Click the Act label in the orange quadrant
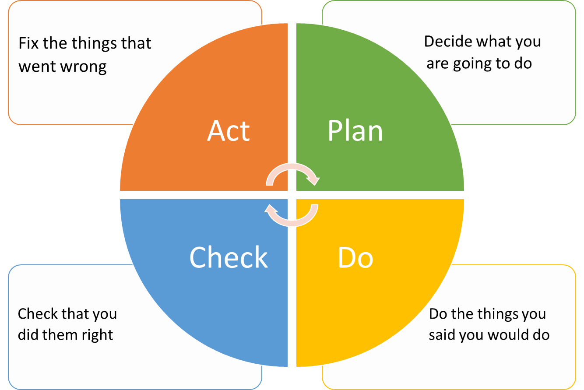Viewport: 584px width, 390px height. (229, 130)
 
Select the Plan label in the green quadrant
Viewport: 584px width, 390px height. (355, 130)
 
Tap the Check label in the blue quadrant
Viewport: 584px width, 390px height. (229, 257)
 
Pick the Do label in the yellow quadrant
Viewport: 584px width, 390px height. (355, 258)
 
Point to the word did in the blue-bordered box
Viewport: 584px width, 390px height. (27, 335)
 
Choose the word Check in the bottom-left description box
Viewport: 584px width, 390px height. (38, 314)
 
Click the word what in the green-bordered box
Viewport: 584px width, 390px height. (492, 42)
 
